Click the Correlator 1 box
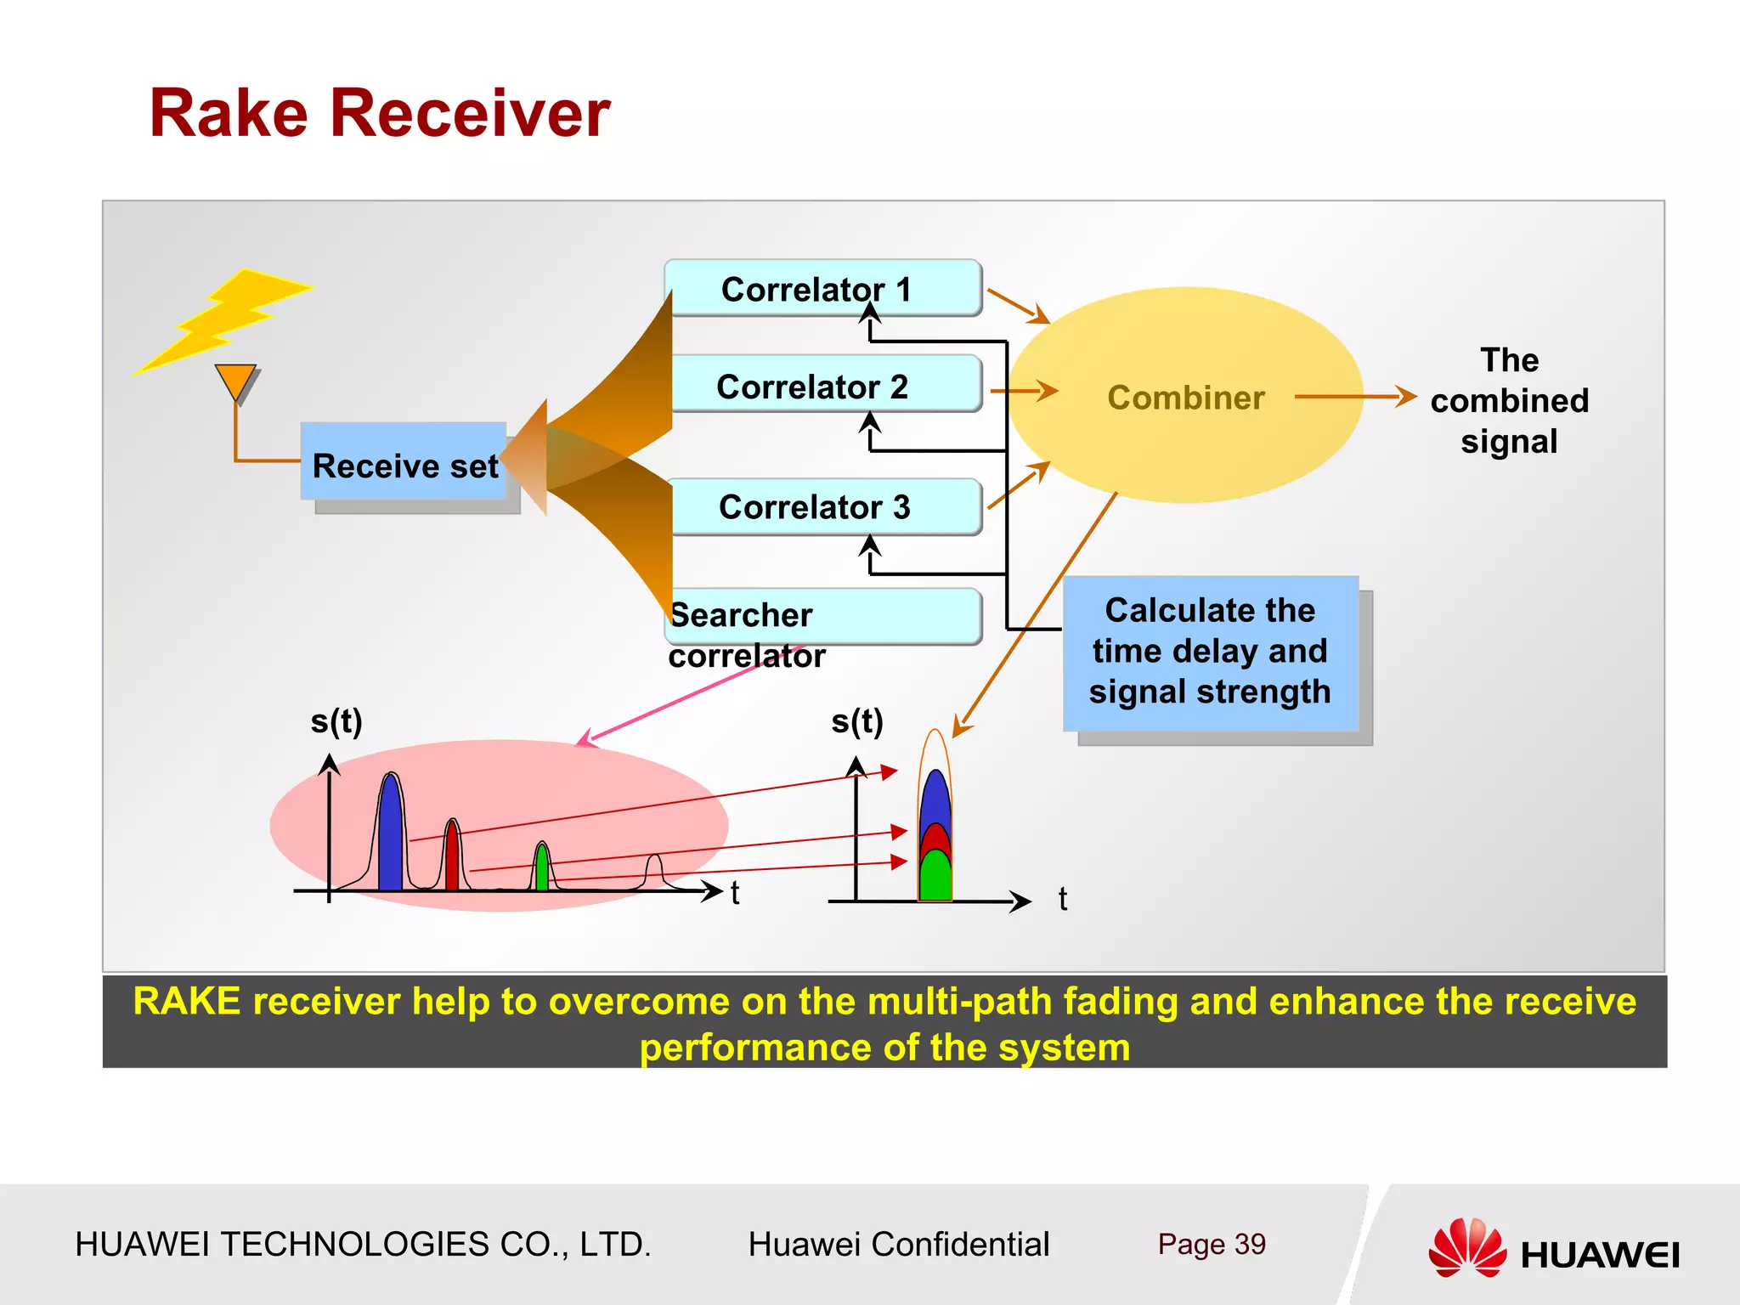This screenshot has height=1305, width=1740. click(x=822, y=289)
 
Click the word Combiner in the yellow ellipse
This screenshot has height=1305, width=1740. click(x=1185, y=398)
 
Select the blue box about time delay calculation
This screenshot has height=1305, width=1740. click(x=1210, y=652)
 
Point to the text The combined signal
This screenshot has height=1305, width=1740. click(x=1509, y=400)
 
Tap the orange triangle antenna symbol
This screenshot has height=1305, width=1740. click(x=235, y=381)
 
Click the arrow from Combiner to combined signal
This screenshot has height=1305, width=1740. click(x=1355, y=396)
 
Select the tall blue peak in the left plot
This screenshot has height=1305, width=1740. click(x=390, y=837)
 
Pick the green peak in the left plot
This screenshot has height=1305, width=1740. click(x=542, y=869)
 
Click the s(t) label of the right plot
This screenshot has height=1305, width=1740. click(x=856, y=721)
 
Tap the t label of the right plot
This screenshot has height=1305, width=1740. click(x=1062, y=899)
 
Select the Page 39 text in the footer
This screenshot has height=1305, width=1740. click(x=1211, y=1244)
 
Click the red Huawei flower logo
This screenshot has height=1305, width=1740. click(x=1466, y=1247)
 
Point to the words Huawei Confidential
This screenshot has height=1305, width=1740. click(x=898, y=1244)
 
